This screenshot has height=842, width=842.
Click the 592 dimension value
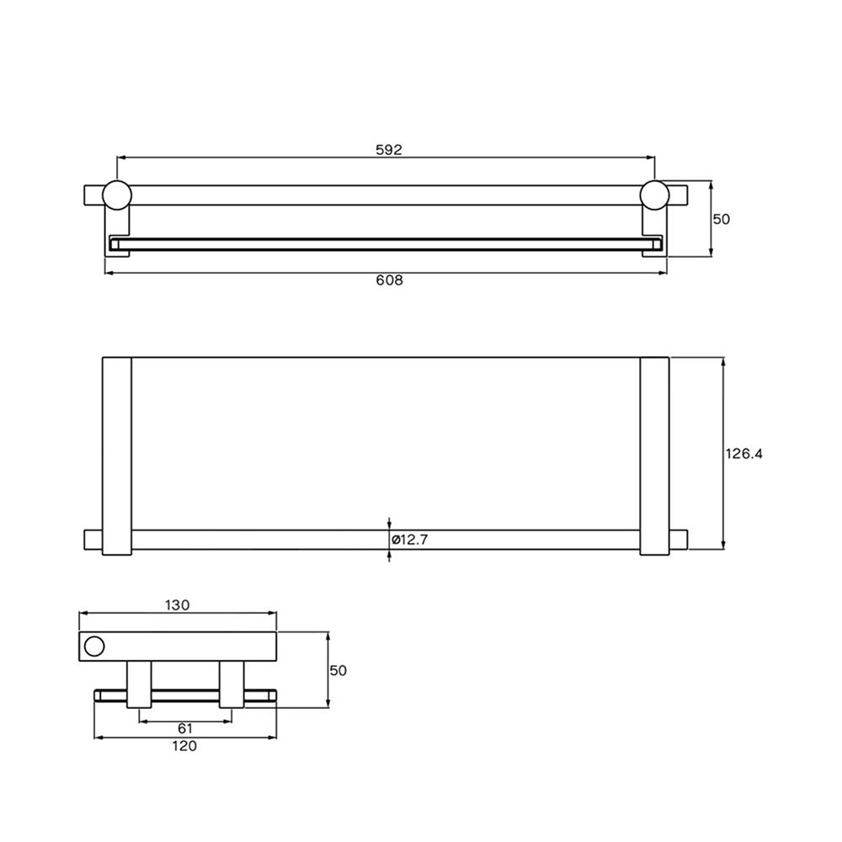388,150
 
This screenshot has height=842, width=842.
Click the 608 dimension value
388,280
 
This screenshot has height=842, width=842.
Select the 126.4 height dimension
743,453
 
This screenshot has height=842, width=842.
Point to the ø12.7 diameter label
410,540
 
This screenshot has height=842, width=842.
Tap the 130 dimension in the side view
178,605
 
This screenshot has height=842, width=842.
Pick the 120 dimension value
184,746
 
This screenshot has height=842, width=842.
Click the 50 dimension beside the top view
722,219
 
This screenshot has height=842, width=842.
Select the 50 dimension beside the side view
338,670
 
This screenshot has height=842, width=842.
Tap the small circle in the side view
94,646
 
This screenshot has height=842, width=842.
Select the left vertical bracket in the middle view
117,456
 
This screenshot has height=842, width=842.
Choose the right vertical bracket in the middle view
654,456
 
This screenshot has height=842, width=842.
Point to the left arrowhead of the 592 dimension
120,157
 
